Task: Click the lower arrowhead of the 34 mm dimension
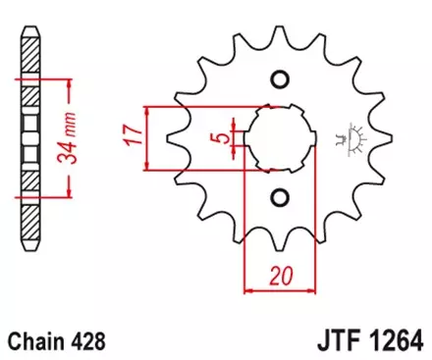[67, 193]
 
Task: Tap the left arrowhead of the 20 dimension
[246, 289]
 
